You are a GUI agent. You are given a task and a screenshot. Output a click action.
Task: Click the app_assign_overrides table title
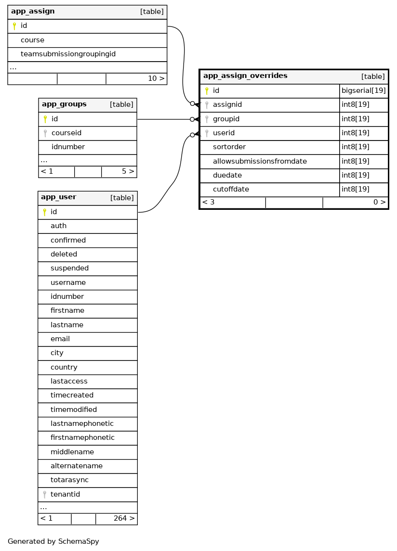245,76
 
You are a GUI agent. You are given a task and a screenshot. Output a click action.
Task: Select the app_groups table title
64,104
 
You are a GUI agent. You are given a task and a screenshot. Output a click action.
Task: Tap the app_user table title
58,197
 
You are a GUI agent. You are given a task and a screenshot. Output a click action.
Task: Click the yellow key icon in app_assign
14,26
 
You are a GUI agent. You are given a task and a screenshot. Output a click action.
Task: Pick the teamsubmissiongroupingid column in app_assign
68,54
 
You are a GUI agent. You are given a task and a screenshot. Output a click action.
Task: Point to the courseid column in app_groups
66,133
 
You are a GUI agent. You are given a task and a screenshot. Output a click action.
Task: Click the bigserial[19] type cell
364,90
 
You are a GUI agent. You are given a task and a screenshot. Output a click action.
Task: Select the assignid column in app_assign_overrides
227,104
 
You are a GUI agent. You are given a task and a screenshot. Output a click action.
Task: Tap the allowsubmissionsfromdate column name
260,161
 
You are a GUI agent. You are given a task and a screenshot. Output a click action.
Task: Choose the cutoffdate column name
231,189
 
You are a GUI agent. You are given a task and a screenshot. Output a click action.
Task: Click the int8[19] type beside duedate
356,175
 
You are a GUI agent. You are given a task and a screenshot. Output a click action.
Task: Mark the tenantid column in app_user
65,494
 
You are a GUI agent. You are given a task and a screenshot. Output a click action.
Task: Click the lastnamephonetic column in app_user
82,423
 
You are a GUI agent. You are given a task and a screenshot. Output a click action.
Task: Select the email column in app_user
60,339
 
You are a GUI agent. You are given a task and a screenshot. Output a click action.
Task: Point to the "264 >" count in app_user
124,518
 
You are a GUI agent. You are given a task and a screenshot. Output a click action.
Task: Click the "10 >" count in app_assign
156,78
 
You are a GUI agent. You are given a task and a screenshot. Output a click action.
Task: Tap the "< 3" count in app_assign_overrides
208,202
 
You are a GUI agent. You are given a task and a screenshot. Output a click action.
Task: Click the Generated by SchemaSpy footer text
53,541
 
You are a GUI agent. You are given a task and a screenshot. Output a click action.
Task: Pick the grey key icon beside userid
207,133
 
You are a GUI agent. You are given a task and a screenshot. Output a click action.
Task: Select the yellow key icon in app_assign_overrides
207,90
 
